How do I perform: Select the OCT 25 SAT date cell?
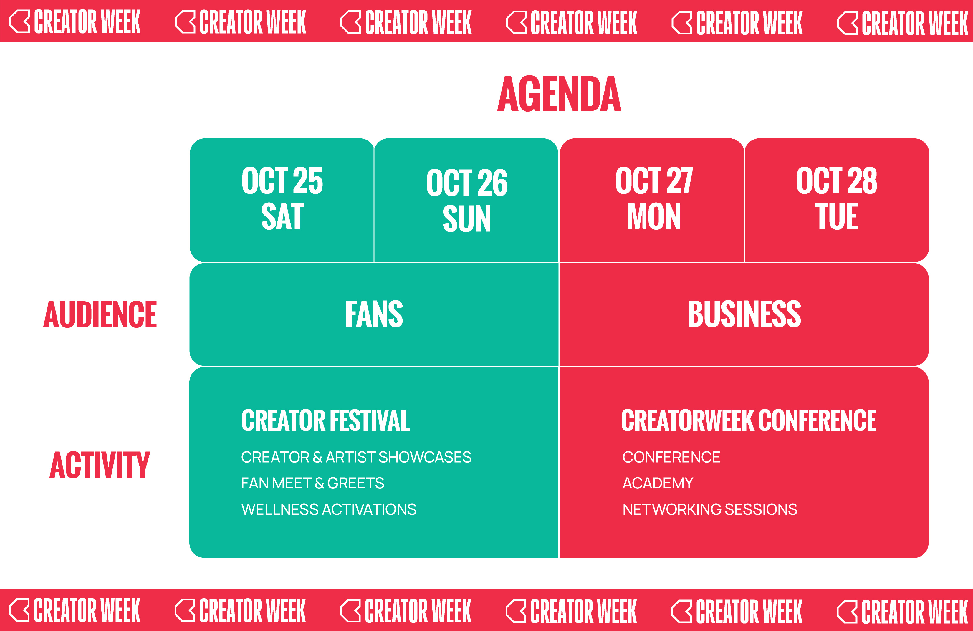coord(282,200)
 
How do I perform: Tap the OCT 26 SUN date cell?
coord(466,200)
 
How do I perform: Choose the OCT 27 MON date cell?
coord(652,200)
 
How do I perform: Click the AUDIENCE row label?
coord(100,314)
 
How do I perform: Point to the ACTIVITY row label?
coord(100,465)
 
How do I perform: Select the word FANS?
coord(374,314)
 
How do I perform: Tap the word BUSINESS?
coord(744,314)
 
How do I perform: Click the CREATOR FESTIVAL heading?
coord(325,420)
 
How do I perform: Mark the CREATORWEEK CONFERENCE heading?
coord(749,420)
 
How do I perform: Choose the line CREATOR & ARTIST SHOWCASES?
coord(356,457)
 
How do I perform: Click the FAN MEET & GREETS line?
coord(313,483)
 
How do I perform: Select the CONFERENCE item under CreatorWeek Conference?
coord(671,457)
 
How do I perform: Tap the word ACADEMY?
coord(658,483)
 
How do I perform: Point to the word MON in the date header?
coord(654,216)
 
